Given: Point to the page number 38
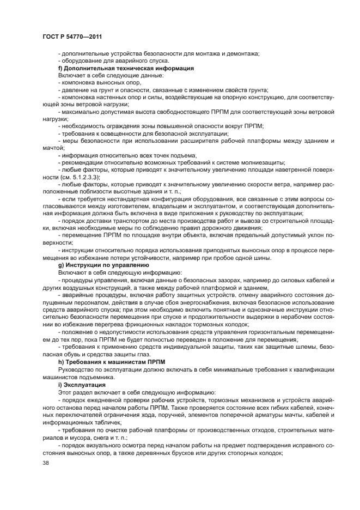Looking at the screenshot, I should coord(45,464).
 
